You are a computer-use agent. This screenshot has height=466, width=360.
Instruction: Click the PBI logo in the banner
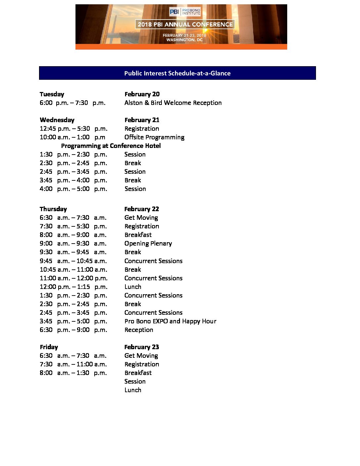185,12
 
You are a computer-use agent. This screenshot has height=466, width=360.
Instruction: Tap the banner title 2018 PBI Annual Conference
185,24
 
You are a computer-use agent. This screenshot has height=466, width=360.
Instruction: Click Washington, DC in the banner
184,40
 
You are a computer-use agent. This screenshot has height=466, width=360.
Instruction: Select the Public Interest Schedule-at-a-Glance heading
177,73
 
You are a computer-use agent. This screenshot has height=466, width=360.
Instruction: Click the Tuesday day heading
52,94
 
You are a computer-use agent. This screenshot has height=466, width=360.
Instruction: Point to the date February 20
142,94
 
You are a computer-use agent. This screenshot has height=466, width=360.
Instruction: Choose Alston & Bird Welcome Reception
173,103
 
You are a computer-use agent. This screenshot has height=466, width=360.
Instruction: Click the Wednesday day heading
57,120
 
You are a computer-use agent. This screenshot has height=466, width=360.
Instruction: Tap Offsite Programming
154,137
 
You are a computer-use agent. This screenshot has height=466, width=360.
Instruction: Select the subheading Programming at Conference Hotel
111,146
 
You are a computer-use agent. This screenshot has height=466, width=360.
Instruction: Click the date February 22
142,209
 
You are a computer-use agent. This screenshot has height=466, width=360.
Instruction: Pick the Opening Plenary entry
148,243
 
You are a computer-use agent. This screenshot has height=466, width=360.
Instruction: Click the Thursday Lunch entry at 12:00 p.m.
133,287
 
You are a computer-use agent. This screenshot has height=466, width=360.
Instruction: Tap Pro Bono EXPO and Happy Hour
170,321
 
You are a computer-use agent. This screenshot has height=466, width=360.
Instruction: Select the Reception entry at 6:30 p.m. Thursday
139,330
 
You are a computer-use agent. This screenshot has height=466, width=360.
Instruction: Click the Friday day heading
49,347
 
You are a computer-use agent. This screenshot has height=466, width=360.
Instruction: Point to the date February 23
142,347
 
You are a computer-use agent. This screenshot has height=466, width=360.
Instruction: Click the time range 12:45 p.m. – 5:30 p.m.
73,128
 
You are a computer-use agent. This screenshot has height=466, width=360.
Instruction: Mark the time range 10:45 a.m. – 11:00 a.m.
73,269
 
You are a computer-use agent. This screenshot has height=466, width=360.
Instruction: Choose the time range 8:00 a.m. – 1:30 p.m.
73,373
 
